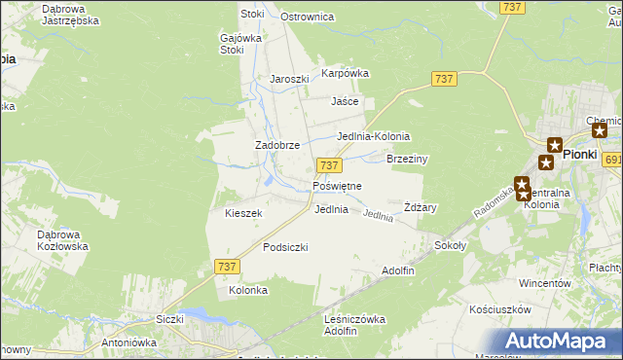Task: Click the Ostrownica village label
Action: click(307, 18)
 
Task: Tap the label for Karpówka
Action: click(346, 73)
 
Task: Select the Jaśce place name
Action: click(345, 101)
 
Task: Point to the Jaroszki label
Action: click(289, 80)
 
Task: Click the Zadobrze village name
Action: click(276, 145)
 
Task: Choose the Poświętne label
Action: click(337, 186)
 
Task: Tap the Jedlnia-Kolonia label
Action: click(373, 137)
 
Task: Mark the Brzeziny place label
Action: click(408, 159)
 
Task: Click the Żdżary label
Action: click(420, 207)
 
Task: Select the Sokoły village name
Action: click(451, 246)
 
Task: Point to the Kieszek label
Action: click(243, 213)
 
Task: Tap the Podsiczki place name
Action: click(285, 248)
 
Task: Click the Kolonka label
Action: click(247, 291)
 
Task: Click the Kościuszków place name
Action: click(499, 309)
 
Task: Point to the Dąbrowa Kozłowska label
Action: click(62, 240)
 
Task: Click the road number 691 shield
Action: click(612, 160)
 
